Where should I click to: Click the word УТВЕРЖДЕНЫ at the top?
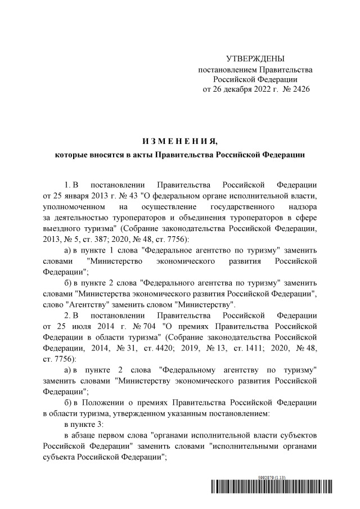(x=255, y=59)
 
